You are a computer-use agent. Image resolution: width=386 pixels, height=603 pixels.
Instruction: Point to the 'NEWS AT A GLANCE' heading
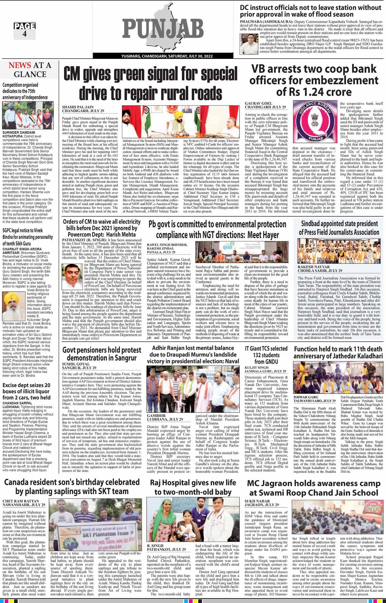[x=30, y=70]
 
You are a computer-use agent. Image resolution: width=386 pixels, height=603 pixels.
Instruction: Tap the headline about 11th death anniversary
[x=338, y=352]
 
